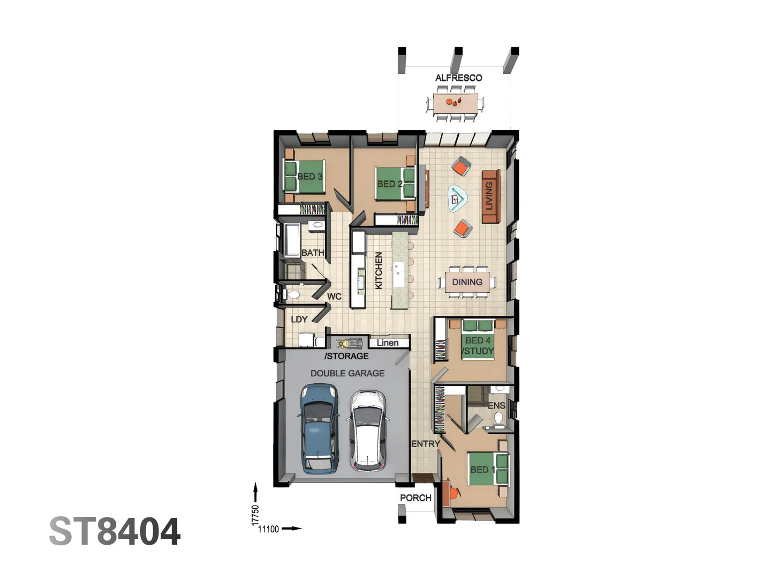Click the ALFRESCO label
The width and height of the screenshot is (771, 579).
tap(458, 78)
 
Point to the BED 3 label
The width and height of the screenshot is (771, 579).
tap(309, 176)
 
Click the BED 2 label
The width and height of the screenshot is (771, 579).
tap(390, 184)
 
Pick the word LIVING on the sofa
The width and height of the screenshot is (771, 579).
tap(489, 196)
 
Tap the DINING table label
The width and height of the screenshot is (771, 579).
tap(467, 282)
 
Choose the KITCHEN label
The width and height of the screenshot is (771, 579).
tap(379, 271)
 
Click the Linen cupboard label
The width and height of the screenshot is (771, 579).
tap(388, 343)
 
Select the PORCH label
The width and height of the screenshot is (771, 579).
tap(415, 498)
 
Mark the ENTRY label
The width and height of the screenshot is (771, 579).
tap(425, 444)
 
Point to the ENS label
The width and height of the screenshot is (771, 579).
tap(496, 406)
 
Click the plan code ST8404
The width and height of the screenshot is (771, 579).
tap(115, 532)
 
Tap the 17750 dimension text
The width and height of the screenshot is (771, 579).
tap(255, 515)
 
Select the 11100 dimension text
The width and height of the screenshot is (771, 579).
tap(268, 529)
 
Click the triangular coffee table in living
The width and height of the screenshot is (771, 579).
tap(457, 199)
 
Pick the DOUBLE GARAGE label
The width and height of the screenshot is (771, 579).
tap(347, 373)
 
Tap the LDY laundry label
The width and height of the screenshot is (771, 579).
tap(299, 320)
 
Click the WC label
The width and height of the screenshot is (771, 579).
tap(334, 296)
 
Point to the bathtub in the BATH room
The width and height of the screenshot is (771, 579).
tap(292, 240)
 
